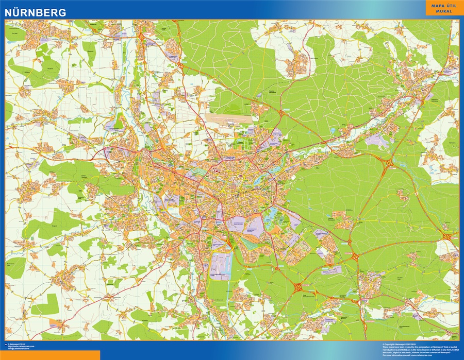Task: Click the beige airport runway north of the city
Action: pos(230,118)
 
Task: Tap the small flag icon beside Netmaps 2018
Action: pos(6,344)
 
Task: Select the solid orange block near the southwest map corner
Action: pos(55,322)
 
